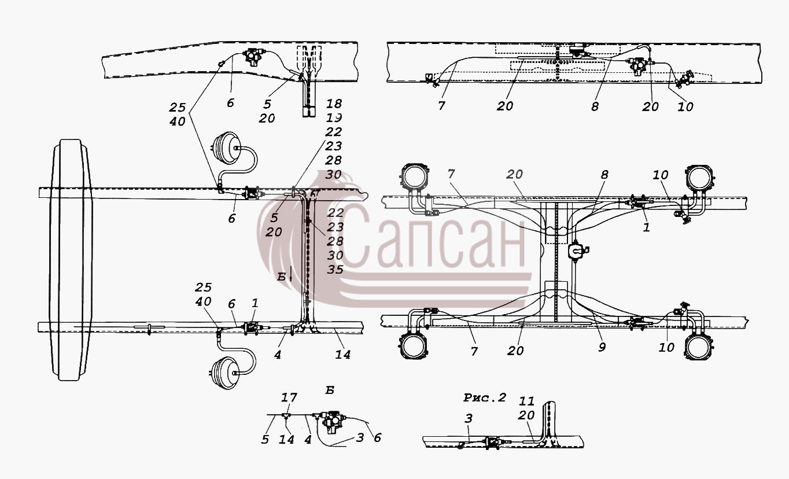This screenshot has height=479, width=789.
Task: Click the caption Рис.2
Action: [x=485, y=398]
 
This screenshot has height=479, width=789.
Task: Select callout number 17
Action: [x=289, y=398]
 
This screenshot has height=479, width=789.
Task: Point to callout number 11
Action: [x=526, y=401]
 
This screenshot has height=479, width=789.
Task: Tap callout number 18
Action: [x=334, y=104]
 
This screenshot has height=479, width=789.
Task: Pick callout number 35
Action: [x=335, y=270]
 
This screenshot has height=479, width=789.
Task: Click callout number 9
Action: [x=602, y=347]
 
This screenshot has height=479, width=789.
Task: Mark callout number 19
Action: [x=334, y=117]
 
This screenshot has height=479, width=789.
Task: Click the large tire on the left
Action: [x=71, y=260]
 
